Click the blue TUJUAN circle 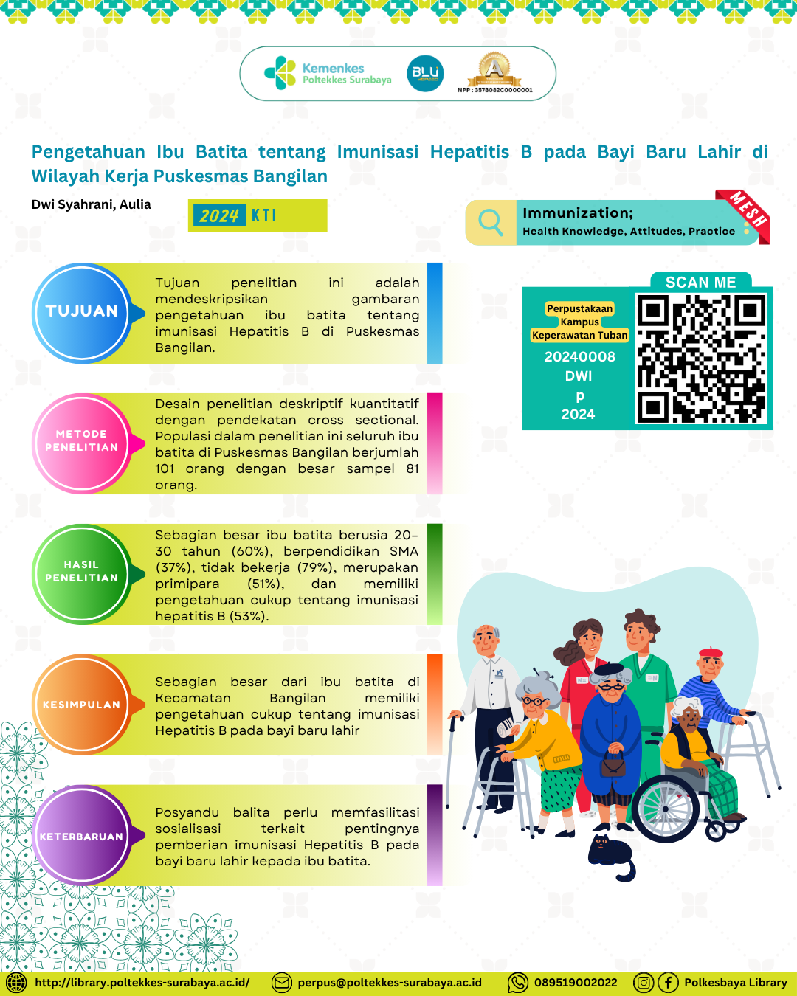click(82, 313)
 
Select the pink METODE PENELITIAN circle click(82, 443)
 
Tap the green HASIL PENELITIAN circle click(82, 574)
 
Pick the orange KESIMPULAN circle click(82, 705)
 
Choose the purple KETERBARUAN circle click(82, 835)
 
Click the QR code click(701, 359)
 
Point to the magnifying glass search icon click(491, 223)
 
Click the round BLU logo click(425, 73)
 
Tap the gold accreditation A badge click(494, 69)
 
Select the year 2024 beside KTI click(219, 215)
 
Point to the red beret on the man click(711, 651)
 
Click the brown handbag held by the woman click(613, 764)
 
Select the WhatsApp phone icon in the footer click(518, 983)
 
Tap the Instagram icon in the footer click(644, 983)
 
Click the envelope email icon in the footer click(282, 983)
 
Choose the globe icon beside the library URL click(16, 983)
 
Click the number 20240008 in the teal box click(579, 357)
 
